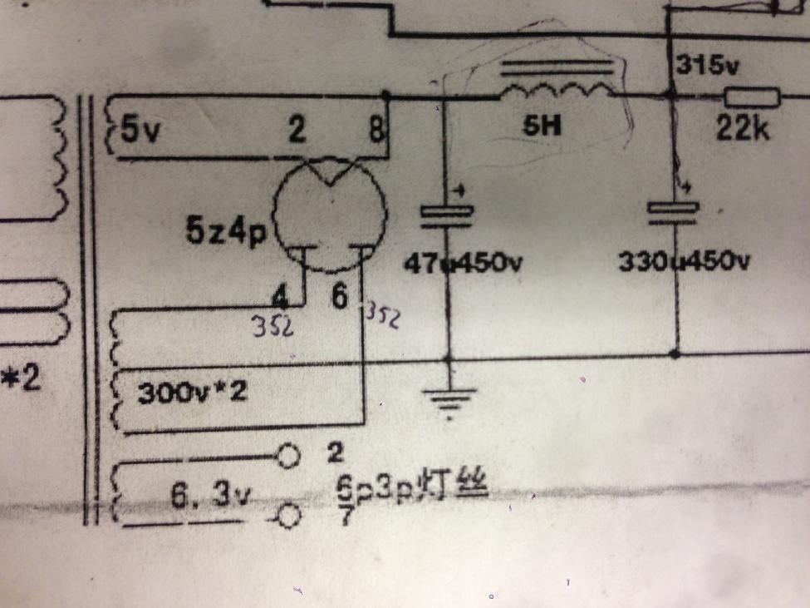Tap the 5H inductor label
tap(544, 126)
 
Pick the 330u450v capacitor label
tap(685, 263)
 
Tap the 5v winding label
tap(137, 131)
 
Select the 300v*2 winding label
tap(192, 392)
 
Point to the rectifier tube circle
tap(329, 212)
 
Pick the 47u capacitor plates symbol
tap(448, 215)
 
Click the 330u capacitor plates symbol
tap(673, 211)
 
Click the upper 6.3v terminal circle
tap(287, 456)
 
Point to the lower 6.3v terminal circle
tap(287, 517)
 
